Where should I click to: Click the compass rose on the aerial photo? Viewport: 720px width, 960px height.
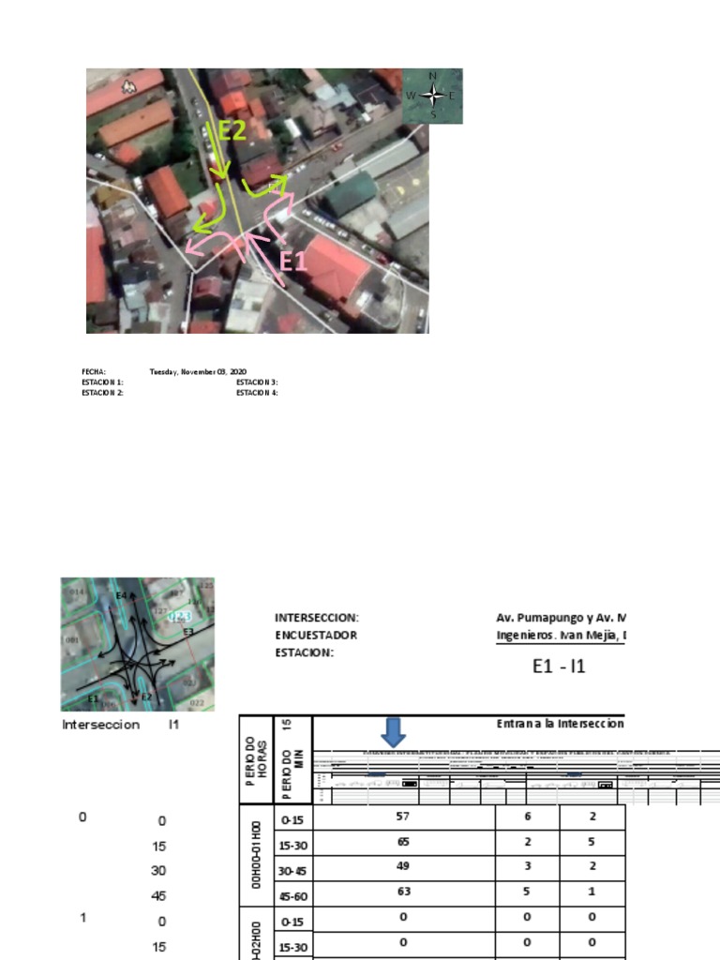coord(432,95)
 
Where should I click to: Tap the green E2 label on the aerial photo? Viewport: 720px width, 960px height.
coord(232,132)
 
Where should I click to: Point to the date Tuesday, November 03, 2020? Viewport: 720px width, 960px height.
coord(198,372)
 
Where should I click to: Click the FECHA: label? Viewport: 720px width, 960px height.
coord(94,372)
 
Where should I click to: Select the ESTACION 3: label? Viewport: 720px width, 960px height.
coord(257,382)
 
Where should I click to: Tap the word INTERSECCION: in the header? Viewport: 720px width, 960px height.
coord(316,618)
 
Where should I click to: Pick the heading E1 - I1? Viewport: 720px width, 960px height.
coord(558,667)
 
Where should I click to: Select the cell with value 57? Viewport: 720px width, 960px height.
coord(403,817)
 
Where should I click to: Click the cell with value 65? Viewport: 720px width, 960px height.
coord(403,842)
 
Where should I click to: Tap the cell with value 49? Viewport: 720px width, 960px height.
coord(403,866)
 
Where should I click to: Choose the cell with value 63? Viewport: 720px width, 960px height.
coord(403,892)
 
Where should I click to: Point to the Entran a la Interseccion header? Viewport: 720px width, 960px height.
coord(560,724)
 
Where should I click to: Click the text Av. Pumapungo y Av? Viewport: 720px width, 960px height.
coord(560,618)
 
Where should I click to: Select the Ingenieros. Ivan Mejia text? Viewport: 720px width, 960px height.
coord(560,635)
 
